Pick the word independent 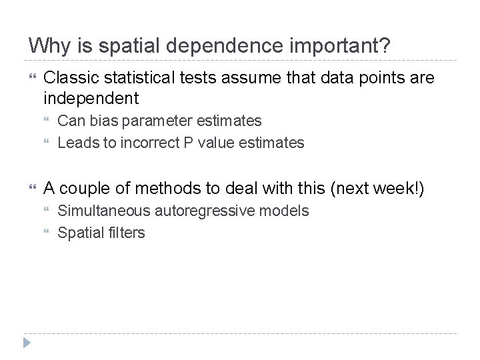coord(91,99)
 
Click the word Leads coord(75,143)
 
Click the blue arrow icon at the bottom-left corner coord(27,343)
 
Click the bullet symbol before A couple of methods coord(32,189)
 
